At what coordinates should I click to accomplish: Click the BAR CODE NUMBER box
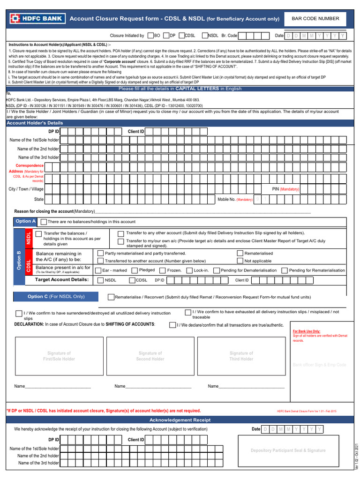(315, 19)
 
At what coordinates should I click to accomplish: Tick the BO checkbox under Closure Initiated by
(150, 35)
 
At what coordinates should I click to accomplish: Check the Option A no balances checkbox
(44, 222)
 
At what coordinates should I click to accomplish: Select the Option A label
(25, 221)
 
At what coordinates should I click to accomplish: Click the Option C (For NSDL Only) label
(56, 297)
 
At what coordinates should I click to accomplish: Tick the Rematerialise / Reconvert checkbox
(111, 297)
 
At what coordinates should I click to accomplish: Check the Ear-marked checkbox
(98, 270)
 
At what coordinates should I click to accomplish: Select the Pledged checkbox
(135, 270)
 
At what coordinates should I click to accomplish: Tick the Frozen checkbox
(163, 270)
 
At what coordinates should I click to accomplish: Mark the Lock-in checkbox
(189, 270)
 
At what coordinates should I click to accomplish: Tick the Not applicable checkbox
(240, 261)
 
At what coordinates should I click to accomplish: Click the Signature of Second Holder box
(150, 356)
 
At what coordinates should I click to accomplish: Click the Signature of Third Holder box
(241, 356)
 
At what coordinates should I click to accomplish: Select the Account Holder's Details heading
(35, 123)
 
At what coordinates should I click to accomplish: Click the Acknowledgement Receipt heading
(180, 420)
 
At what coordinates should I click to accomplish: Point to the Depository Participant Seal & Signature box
(288, 450)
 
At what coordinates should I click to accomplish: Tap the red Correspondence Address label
(29, 168)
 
